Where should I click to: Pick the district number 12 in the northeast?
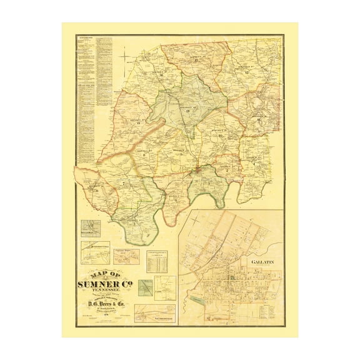(247, 73)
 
